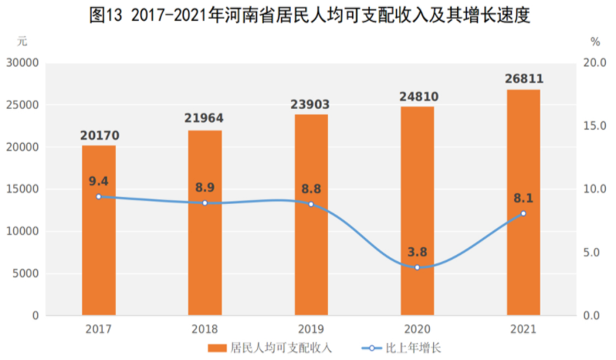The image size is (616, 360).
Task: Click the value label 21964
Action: [x=205, y=118]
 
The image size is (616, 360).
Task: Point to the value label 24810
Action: [x=417, y=96]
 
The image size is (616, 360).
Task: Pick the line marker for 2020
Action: [x=417, y=267]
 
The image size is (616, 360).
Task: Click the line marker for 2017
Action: [x=99, y=196]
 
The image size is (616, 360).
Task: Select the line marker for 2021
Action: [x=523, y=213]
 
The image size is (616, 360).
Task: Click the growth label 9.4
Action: [x=99, y=181]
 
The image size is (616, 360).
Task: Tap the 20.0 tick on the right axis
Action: [x=594, y=63]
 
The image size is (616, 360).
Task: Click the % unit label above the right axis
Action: [x=594, y=42]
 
